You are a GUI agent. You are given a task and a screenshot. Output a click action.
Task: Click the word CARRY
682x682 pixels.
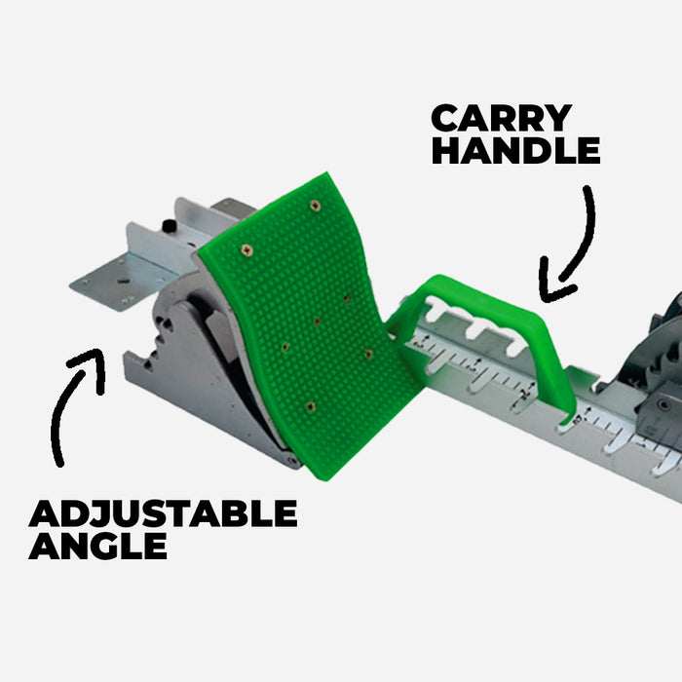click(501, 118)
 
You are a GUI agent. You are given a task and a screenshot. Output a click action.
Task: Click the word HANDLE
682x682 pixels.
click(515, 151)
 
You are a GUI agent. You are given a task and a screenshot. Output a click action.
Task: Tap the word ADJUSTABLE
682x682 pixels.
click(163, 513)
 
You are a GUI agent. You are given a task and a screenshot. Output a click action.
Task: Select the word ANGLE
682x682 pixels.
click(97, 546)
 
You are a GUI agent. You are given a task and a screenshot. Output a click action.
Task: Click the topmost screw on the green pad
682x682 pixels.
click(315, 206)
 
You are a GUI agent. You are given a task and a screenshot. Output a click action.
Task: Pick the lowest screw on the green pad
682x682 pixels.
click(310, 405)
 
